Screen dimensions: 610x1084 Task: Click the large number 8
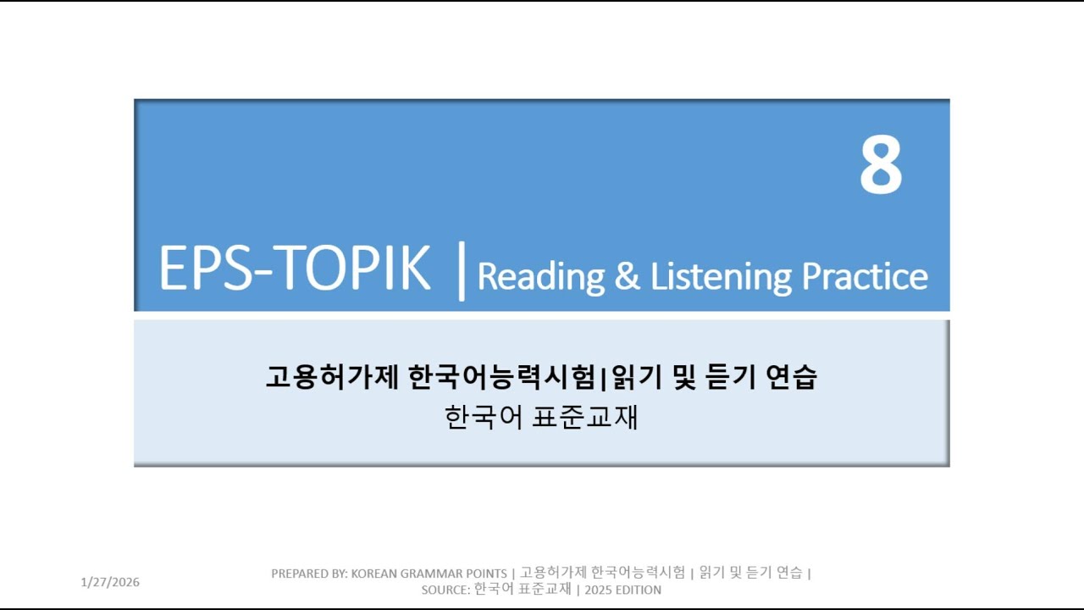point(881,165)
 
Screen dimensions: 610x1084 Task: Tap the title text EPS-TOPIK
point(295,269)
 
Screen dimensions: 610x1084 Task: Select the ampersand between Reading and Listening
point(628,277)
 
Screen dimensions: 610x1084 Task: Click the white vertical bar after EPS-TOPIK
point(461,270)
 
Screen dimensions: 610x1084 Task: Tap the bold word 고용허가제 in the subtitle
point(331,377)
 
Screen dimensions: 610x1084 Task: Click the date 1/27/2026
point(110,582)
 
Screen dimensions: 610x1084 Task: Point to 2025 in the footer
point(599,590)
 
